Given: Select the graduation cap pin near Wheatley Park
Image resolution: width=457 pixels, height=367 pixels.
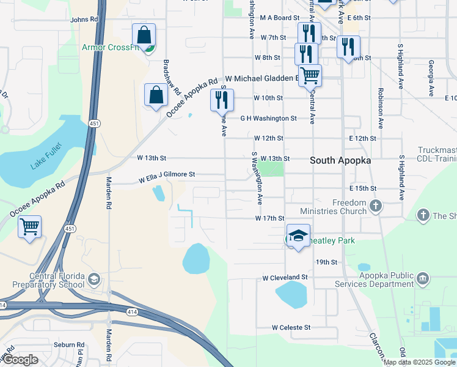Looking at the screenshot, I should (x=298, y=236).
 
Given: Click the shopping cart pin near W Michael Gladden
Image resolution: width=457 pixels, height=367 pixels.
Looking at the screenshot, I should (x=310, y=76).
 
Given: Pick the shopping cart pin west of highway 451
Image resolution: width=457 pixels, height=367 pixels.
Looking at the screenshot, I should (x=29, y=228).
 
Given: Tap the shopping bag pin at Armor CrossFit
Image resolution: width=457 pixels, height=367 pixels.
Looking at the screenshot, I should (x=144, y=35).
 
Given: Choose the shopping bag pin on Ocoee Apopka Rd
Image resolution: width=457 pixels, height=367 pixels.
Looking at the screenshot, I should (x=156, y=95).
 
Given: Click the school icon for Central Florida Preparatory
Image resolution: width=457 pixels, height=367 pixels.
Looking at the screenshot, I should (x=94, y=280).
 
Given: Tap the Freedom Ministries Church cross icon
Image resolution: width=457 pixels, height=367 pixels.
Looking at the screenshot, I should (x=375, y=206).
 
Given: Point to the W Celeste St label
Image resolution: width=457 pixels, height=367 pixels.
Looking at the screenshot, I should (x=291, y=328).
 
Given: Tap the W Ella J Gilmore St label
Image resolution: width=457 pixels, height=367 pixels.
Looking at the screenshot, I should (x=166, y=177).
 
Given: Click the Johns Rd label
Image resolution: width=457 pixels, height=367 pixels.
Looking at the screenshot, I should (x=84, y=20).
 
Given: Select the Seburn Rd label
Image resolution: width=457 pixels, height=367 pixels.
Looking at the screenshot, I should (x=68, y=345).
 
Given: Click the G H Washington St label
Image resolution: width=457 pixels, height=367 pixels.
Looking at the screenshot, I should (x=268, y=119).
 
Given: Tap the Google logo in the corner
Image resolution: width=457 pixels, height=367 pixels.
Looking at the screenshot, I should (x=20, y=360).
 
